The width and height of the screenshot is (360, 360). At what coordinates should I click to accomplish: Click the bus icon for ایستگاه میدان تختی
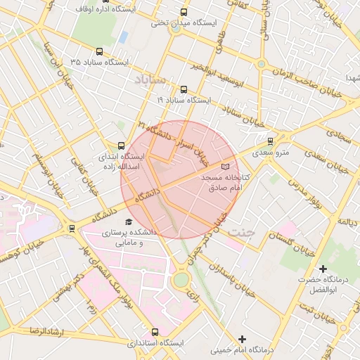(184, 13)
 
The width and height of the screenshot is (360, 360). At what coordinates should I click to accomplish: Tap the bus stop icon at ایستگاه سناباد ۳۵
(98, 51)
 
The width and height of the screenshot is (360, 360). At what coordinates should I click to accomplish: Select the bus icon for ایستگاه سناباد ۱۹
(184, 89)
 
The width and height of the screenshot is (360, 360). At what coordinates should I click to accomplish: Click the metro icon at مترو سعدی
(271, 141)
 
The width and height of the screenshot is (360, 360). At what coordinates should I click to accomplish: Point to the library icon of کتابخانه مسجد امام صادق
(225, 167)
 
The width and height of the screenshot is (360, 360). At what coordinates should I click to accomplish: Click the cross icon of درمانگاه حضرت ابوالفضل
(323, 269)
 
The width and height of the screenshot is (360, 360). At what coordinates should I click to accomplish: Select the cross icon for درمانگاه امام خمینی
(243, 339)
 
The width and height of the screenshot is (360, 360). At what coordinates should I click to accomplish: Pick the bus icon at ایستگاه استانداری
(155, 332)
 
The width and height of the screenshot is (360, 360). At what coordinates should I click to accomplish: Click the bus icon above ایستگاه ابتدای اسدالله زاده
(122, 146)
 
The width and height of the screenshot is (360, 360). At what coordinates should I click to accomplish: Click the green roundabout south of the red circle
(181, 279)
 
